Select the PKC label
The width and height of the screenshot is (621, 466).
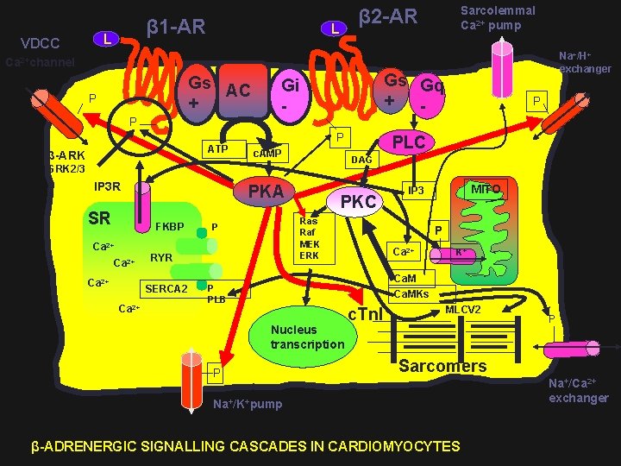pyautogui.click(x=358, y=202)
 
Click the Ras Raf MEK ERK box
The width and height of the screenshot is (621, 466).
pyautogui.click(x=308, y=238)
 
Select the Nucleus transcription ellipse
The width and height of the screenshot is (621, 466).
pyautogui.click(x=306, y=337)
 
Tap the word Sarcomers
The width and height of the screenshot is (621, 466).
pyautogui.click(x=442, y=366)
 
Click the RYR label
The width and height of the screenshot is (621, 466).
pyautogui.click(x=161, y=258)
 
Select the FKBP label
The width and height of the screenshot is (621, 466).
pyautogui.click(x=169, y=227)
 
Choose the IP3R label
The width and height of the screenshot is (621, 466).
pyautogui.click(x=107, y=186)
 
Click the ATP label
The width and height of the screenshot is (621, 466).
pyautogui.click(x=217, y=148)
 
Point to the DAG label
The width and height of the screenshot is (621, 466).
pyautogui.click(x=361, y=160)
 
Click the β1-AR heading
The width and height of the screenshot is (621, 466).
pyautogui.click(x=176, y=27)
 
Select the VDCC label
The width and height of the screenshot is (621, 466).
pyautogui.click(x=40, y=43)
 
